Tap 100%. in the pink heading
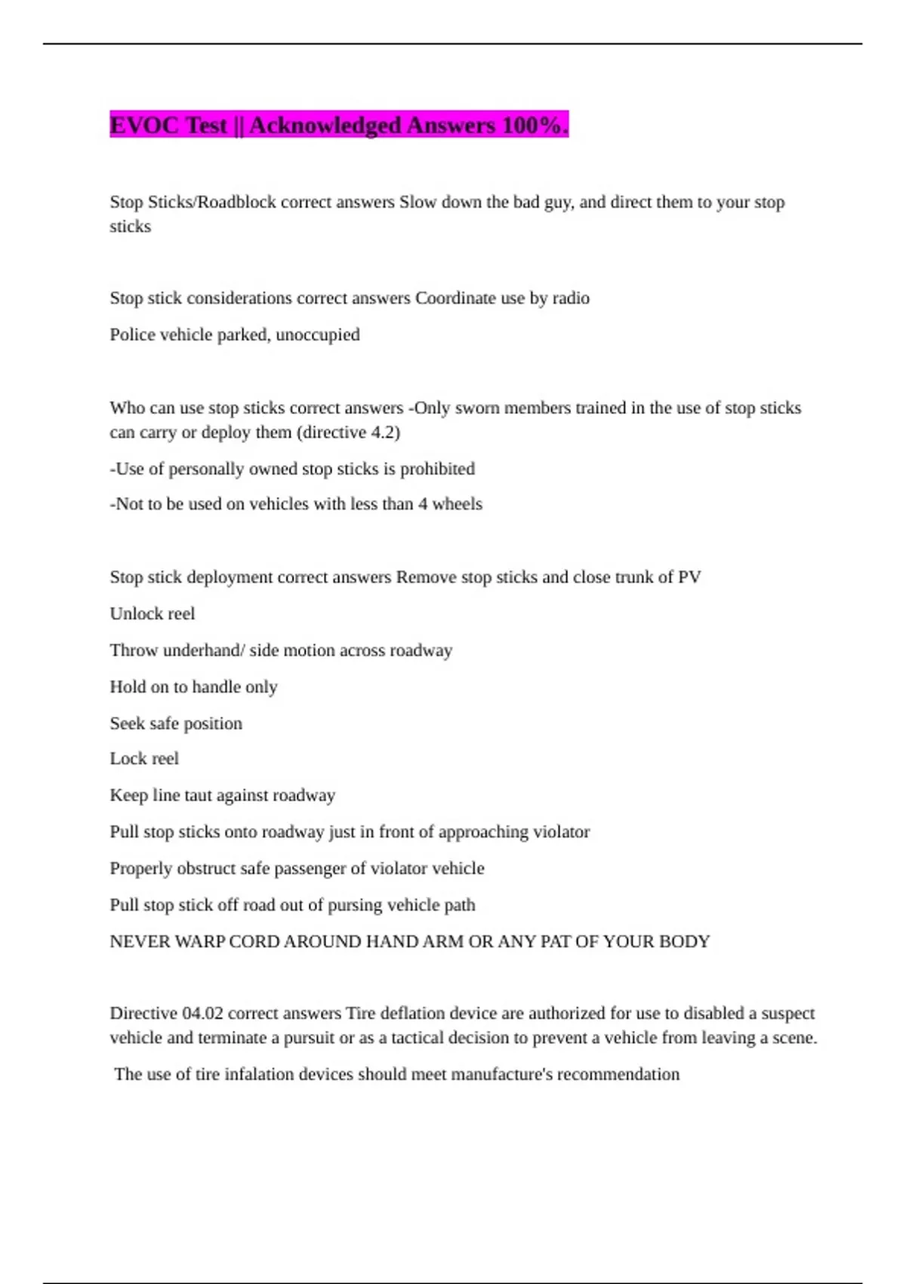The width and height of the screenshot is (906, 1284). pyautogui.click(x=535, y=125)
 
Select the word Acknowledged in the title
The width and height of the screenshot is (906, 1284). pyautogui.click(x=325, y=125)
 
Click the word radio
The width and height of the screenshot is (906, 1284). pyautogui.click(x=571, y=298)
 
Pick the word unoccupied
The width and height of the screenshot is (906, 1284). pyautogui.click(x=318, y=335)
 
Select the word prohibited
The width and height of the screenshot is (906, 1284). pyautogui.click(x=437, y=469)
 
